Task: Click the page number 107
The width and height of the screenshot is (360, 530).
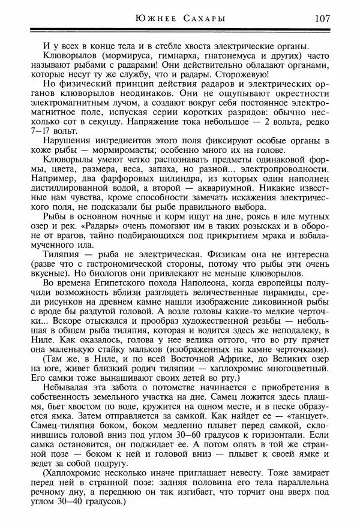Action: tap(321, 18)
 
